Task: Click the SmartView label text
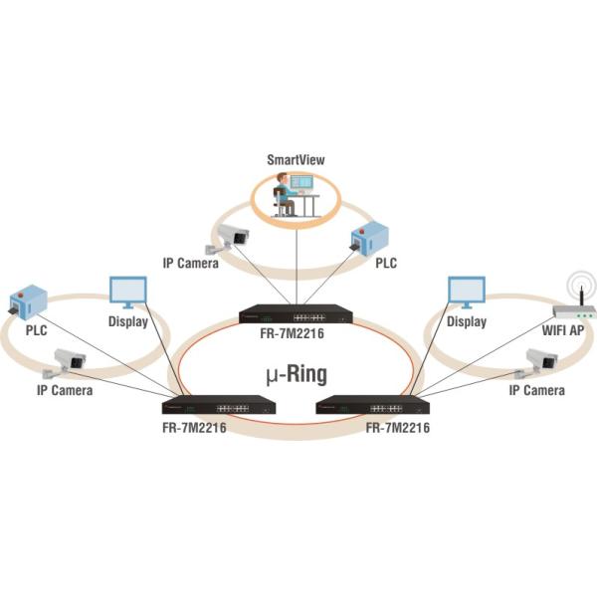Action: [297, 158]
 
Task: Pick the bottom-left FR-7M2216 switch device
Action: [218, 405]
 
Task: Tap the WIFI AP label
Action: [566, 328]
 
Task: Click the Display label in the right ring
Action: [467, 322]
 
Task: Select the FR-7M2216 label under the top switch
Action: [296, 334]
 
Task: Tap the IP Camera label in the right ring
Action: [536, 391]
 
